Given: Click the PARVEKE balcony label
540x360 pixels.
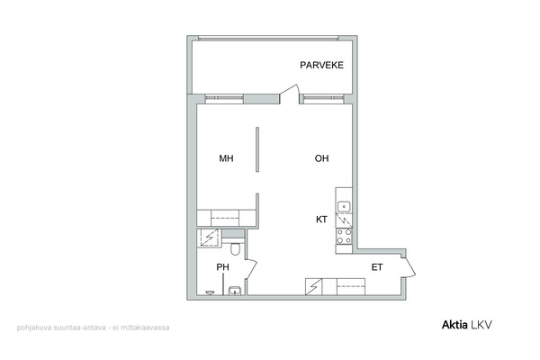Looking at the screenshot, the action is click(321, 65).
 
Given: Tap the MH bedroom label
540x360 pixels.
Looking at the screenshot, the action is click(226, 158).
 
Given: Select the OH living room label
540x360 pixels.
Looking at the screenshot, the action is click(321, 158).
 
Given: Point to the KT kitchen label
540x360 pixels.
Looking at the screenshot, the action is click(321, 220).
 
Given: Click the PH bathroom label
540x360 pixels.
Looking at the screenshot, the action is click(222, 267).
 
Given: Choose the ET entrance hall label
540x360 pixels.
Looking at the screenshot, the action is click(377, 267).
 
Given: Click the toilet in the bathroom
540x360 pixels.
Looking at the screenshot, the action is click(235, 248).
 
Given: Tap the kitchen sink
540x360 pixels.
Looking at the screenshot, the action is click(344, 207).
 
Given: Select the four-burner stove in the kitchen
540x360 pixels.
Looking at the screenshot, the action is click(344, 236).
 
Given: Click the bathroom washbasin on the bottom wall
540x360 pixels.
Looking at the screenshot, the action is click(235, 291).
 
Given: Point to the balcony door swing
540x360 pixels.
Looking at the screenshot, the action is click(289, 94).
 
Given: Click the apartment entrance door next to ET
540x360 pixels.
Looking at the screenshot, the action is click(409, 267).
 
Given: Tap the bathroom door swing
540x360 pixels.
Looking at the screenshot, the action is click(252, 269).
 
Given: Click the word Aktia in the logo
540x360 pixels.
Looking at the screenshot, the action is click(454, 325).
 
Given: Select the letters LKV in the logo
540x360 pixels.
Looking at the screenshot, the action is click(481, 325).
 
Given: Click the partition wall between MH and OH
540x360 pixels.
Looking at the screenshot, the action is click(257, 149).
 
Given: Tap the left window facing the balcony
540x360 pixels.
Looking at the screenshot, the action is click(224, 99).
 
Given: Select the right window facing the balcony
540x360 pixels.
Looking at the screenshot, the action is click(323, 99).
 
